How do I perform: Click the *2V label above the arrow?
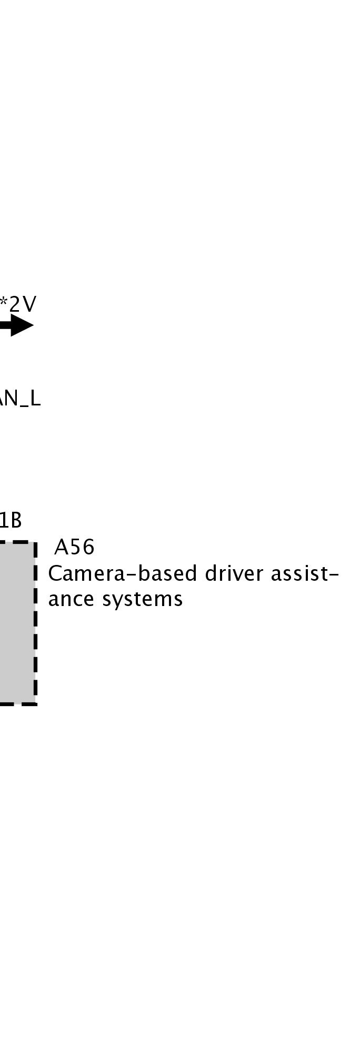click(18, 304)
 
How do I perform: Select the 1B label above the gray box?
click(11, 520)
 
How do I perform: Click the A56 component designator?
click(74, 548)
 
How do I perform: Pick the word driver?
click(235, 573)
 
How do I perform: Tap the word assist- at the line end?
click(304, 573)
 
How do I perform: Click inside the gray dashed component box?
click(16, 621)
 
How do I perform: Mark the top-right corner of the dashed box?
click(35, 542)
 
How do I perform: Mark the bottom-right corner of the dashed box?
click(35, 703)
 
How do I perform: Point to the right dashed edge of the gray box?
click(35, 621)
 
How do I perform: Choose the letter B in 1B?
click(16, 520)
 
